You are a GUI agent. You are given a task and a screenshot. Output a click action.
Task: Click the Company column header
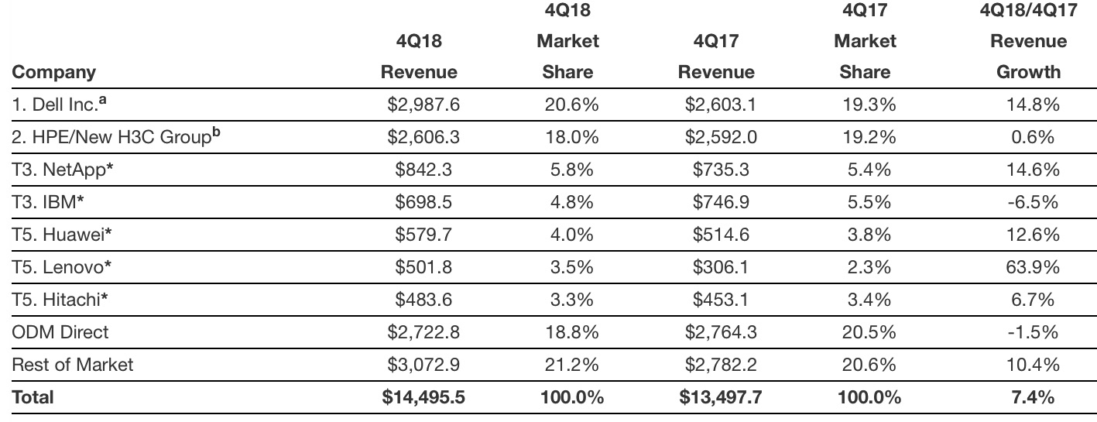(x=54, y=72)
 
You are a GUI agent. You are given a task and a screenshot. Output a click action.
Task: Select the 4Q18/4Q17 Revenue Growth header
(x=1028, y=41)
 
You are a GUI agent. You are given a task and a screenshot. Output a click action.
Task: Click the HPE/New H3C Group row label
(x=111, y=137)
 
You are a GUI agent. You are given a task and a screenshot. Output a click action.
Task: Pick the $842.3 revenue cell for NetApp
(x=422, y=170)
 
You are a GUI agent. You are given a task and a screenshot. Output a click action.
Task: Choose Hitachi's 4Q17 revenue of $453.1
(x=719, y=300)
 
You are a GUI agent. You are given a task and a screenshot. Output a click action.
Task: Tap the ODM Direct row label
(x=60, y=332)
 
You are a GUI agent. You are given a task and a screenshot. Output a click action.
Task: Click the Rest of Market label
(x=73, y=364)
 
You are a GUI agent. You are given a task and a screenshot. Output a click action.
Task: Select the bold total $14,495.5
(x=423, y=397)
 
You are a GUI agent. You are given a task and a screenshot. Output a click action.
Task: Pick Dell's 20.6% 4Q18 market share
(x=569, y=105)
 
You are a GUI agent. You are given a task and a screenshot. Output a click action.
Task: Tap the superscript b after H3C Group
(x=216, y=132)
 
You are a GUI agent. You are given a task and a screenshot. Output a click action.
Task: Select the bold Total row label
(x=33, y=397)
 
